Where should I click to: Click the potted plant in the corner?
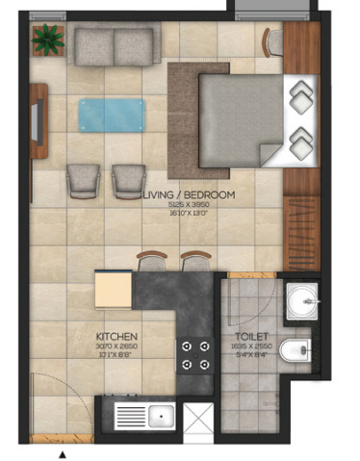coord(46,39)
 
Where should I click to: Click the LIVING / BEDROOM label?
coord(188,195)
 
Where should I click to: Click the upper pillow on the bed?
coord(303,94)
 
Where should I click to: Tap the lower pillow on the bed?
coord(303,140)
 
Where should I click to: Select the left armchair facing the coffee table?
coord(85,179)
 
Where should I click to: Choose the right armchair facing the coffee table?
coord(130,179)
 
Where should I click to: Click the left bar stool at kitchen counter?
coord(152,261)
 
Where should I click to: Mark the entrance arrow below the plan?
coord(63,452)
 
